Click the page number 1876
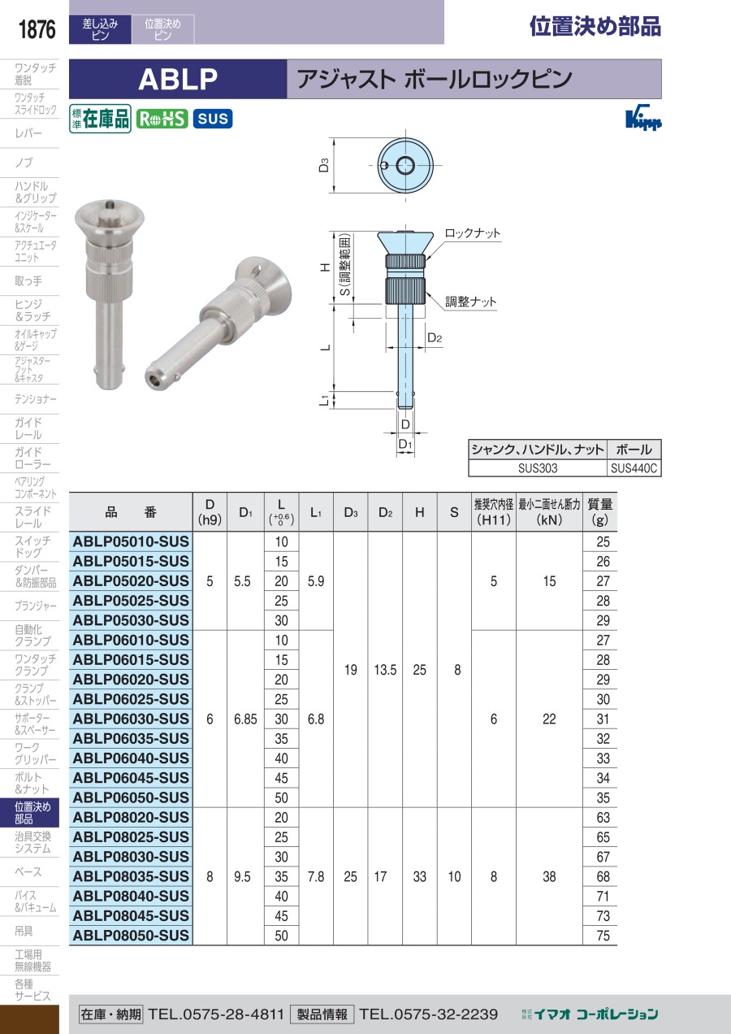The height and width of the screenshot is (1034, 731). pyautogui.click(x=37, y=29)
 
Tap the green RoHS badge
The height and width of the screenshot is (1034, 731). pyautogui.click(x=162, y=119)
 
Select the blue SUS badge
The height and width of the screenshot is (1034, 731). pyautogui.click(x=213, y=119)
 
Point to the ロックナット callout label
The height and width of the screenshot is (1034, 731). pyautogui.click(x=472, y=233)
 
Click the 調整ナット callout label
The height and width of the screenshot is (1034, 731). pyautogui.click(x=470, y=302)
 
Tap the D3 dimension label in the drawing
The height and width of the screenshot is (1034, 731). pyautogui.click(x=324, y=165)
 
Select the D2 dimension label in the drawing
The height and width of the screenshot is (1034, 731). pyautogui.click(x=435, y=338)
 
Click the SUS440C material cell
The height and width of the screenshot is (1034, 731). pyautogui.click(x=634, y=468)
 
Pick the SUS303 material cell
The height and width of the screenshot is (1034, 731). pyautogui.click(x=538, y=468)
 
